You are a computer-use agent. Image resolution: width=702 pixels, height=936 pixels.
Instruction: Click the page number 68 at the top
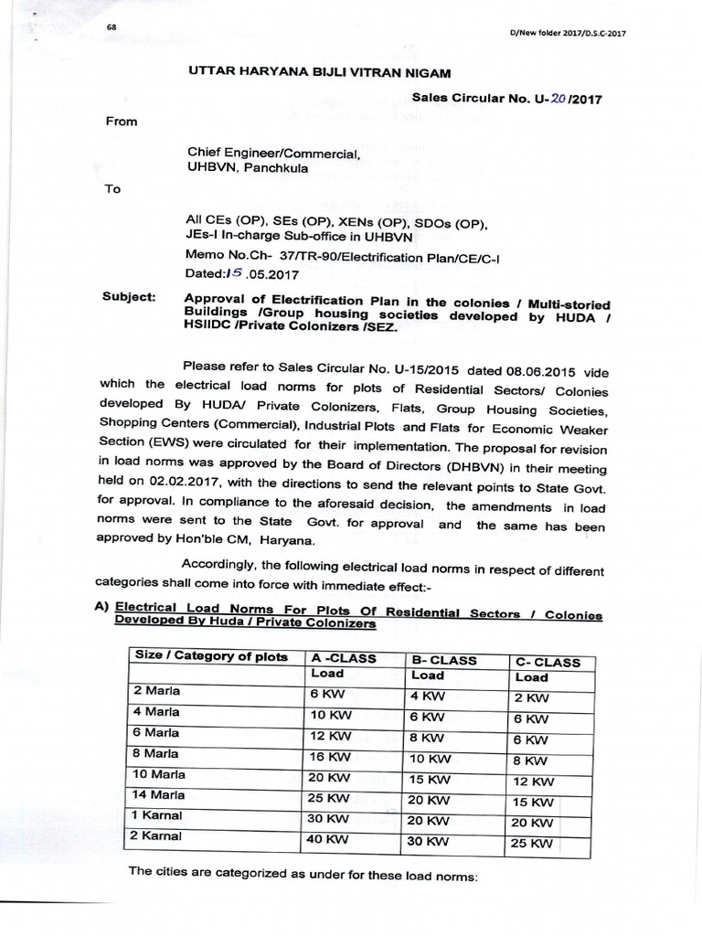point(112,27)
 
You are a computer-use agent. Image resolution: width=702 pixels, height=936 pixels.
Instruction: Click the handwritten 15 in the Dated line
point(235,271)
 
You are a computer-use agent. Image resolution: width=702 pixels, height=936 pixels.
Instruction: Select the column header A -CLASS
point(344,656)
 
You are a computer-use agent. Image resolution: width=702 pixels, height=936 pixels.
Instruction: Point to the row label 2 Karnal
point(157,835)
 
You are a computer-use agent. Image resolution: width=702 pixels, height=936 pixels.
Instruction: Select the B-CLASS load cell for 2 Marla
point(427,694)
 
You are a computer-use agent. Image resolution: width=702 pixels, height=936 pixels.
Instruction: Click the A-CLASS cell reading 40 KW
point(330,837)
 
